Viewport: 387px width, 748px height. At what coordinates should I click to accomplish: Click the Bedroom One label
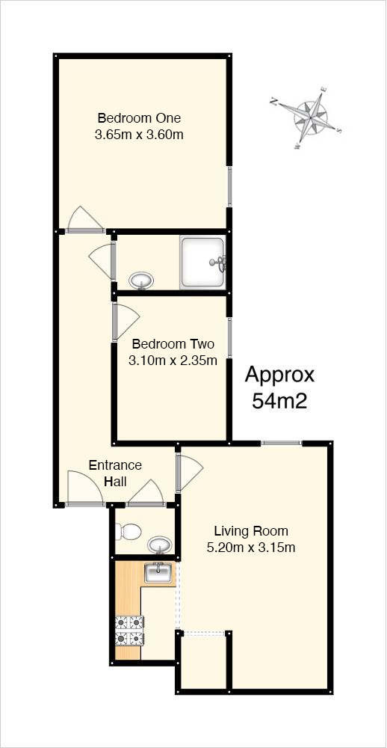click(x=139, y=117)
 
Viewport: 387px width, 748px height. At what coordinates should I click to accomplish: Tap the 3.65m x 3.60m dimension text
click(x=139, y=135)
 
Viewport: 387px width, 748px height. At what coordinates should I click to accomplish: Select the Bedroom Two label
click(x=173, y=343)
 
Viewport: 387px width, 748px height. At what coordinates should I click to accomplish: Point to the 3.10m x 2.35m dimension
click(x=173, y=361)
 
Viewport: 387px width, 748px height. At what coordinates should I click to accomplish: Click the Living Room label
click(x=251, y=530)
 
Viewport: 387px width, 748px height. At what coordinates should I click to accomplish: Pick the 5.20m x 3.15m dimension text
click(x=251, y=548)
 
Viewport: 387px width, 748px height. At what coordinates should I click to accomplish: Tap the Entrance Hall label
click(x=115, y=473)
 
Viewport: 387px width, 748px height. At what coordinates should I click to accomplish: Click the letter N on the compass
click(x=273, y=101)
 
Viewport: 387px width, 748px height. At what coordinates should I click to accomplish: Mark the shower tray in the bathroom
click(x=203, y=263)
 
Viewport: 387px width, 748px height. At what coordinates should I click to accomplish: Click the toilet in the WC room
click(x=128, y=530)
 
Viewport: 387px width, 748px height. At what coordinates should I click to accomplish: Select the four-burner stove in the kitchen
click(x=130, y=631)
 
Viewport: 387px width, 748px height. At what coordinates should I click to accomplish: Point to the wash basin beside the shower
click(x=141, y=280)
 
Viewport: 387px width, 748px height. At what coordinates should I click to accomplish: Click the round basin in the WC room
click(x=160, y=545)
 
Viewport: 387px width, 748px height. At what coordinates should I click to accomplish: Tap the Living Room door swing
click(x=190, y=473)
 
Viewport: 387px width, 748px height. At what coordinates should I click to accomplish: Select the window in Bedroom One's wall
click(x=229, y=186)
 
